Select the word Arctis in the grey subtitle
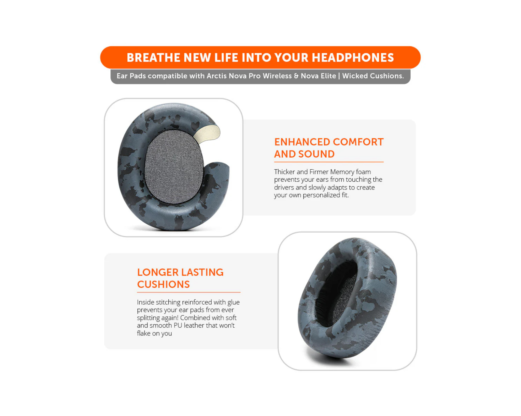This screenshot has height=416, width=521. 217,76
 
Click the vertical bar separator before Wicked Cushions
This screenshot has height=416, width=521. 339,76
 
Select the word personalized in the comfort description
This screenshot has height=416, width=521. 321,195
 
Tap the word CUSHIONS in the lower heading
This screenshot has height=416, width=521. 163,284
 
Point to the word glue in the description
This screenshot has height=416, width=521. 233,302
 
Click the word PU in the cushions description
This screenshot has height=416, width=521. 178,325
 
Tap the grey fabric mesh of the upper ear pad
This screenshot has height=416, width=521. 174,167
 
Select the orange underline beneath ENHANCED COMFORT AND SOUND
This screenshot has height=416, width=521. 329,162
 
